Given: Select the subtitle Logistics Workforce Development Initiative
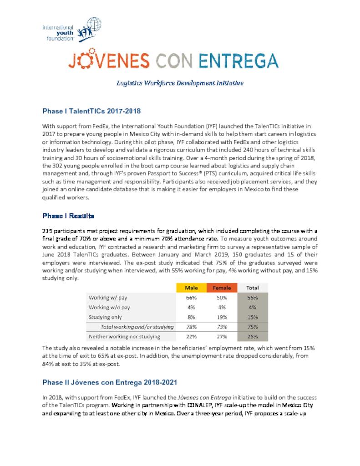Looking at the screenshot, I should (180, 83).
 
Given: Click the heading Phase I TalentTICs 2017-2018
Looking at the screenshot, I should (91, 111).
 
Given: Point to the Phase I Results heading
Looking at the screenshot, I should (68, 215).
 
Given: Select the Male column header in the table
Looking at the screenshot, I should (191, 288).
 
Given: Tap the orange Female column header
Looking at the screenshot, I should (222, 288).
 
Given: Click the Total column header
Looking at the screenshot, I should (252, 288).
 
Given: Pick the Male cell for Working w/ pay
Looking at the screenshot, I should (191, 298).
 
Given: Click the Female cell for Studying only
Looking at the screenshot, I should (222, 317).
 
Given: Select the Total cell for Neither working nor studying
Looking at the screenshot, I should (252, 337).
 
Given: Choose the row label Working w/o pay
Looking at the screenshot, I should (109, 307).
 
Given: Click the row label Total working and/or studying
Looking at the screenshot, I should (137, 327).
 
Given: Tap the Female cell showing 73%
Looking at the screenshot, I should (222, 327).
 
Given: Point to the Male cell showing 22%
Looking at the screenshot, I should (191, 337).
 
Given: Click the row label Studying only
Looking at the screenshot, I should (105, 317).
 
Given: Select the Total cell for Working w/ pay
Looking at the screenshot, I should (252, 298).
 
